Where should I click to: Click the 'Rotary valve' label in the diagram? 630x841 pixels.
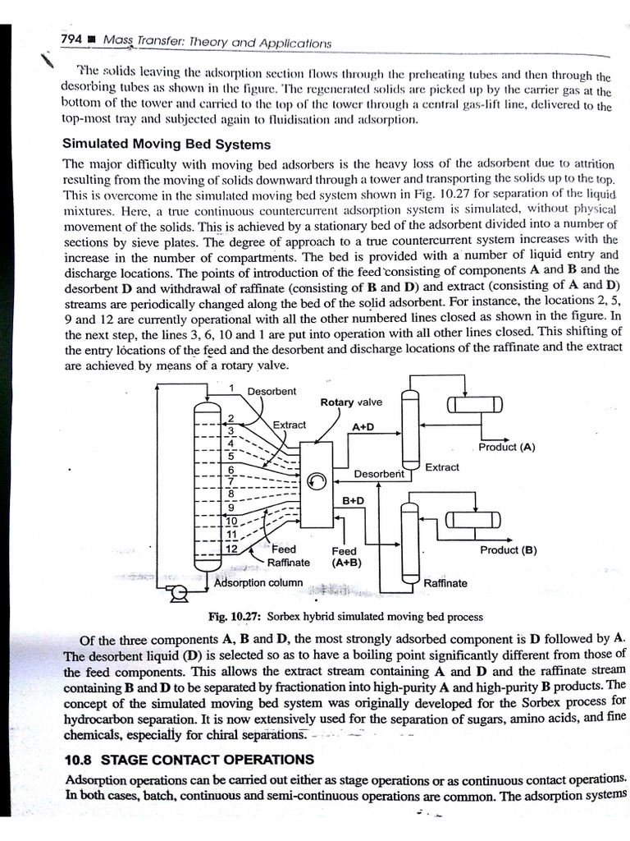tap(350, 402)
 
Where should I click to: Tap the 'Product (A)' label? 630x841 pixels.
tap(506, 448)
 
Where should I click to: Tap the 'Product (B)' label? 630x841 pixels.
tap(509, 550)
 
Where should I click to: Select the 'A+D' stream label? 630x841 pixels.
tap(363, 428)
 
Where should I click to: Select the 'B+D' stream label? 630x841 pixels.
tap(354, 500)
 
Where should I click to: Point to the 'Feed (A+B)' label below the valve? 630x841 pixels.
tap(345, 557)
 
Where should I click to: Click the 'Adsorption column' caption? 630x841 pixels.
tap(258, 583)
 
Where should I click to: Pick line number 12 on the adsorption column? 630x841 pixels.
tap(231, 549)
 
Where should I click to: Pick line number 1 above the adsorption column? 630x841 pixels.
tap(232, 388)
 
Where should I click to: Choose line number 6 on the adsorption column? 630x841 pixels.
tap(232, 469)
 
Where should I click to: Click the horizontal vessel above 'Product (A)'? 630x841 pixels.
tap(474, 405)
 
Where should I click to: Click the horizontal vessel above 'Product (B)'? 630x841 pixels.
tap(473, 519)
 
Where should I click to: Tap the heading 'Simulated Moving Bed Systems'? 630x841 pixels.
tap(167, 144)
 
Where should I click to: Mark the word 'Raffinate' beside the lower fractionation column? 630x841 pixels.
tap(445, 583)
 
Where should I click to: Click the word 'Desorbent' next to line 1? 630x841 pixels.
tap(272, 391)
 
